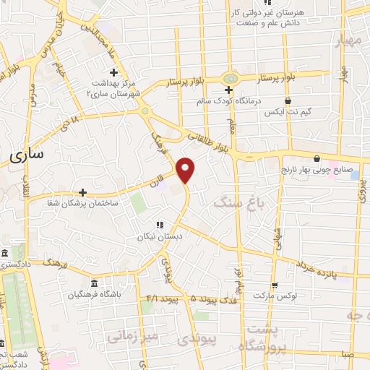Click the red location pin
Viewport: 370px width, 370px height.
coord(186,169)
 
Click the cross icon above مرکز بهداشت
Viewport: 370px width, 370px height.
coord(113,72)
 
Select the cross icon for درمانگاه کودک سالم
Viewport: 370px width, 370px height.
coord(228,90)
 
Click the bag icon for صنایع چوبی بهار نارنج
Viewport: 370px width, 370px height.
coord(316,159)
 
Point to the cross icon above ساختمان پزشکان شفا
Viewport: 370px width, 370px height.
coord(84,192)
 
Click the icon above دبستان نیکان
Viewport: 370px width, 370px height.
coord(159,225)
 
